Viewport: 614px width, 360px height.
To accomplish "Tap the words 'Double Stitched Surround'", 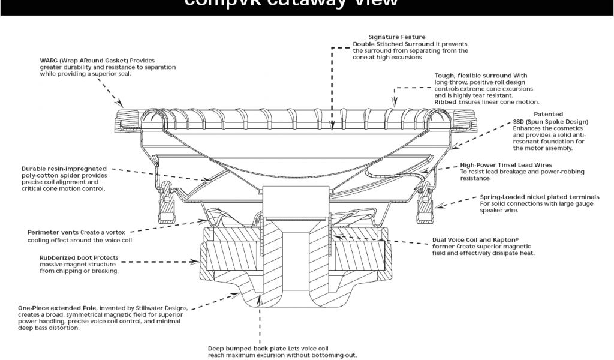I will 393,44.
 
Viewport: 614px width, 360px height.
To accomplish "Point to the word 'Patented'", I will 548,114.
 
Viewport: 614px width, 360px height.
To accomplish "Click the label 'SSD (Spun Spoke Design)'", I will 550,121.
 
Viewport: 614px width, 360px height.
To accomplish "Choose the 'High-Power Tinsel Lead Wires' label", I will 506,164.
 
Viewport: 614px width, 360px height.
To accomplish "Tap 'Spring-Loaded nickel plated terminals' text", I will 539,197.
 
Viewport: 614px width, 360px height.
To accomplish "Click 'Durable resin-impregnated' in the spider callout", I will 64,169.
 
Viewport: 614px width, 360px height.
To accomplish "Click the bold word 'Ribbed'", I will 446,102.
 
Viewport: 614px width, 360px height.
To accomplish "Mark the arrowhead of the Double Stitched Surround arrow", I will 332,127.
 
